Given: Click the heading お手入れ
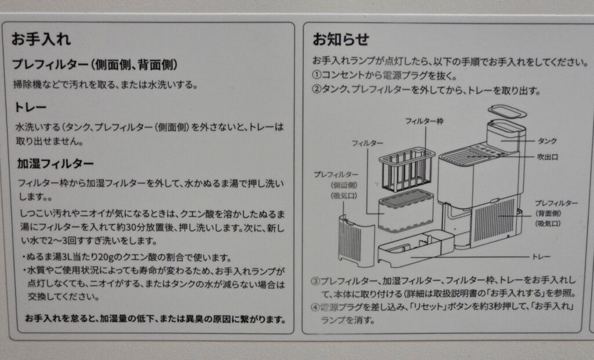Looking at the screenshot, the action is coord(41,39).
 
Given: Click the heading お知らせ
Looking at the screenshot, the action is coord(341,39).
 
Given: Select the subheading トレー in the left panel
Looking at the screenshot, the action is coord(30,107).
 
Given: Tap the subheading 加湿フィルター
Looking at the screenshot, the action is coord(55,163).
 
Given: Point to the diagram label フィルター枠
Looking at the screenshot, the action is coord(424,121).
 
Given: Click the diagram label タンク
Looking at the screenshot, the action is coord(547,141).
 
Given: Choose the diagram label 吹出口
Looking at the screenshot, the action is coord(548,157).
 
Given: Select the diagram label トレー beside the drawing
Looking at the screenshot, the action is coord(541,257).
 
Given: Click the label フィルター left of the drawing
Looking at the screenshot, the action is coord(367,143).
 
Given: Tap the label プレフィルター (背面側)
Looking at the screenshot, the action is coord(556,213).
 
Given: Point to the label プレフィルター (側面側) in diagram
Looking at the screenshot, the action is coord(336,185).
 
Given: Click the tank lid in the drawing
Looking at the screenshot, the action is coord(507,111).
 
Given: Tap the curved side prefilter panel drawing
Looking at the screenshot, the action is coord(356,241).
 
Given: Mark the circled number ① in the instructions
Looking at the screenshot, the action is coord(317,75).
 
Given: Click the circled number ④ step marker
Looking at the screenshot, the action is coord(316,307).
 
